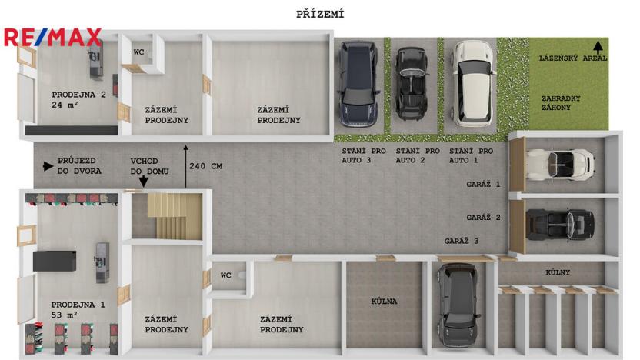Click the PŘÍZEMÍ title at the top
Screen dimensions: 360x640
[320, 14]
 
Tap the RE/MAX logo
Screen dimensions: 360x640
[52, 37]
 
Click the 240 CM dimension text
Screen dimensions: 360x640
[205, 165]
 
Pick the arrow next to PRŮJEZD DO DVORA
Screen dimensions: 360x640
[48, 165]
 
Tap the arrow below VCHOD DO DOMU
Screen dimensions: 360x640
[143, 182]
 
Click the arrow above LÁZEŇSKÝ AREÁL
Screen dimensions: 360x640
[598, 47]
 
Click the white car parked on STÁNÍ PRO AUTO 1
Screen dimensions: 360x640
[472, 82]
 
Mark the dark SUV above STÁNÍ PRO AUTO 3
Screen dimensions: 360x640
[359, 85]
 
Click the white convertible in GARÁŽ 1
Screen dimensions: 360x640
[560, 165]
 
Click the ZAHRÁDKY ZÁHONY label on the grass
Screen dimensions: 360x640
[561, 104]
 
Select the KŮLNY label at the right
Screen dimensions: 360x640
[558, 272]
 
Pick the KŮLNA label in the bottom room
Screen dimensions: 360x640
[384, 302]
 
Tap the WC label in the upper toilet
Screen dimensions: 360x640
[138, 52]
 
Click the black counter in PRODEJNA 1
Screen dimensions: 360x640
[53, 261]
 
